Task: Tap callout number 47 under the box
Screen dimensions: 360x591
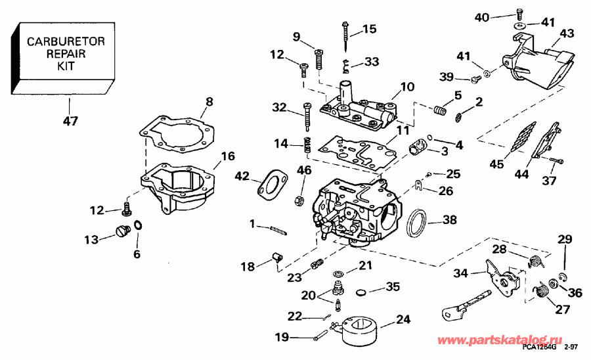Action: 70,121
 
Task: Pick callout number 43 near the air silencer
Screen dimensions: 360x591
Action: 566,34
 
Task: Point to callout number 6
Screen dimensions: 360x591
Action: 136,254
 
